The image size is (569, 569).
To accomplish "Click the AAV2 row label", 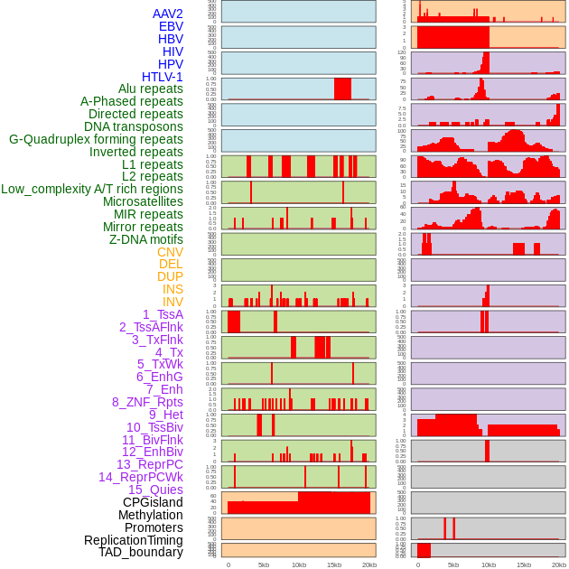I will coord(167,14).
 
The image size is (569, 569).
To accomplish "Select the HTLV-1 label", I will coord(162,77).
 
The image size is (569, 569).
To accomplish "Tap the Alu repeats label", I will coord(150,89).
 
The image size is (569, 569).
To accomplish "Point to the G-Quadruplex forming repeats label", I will coord(96,139).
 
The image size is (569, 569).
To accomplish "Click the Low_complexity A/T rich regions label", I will coord(92,189).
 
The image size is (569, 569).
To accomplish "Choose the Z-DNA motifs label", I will coord(146,239).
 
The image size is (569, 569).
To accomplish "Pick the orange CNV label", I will coord(170,252).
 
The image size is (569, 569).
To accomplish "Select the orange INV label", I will coord(173,302).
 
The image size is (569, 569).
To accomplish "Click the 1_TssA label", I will coord(163,314).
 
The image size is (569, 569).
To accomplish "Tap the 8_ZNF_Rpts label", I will coord(147,402).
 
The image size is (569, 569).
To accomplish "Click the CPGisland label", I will coord(153,502).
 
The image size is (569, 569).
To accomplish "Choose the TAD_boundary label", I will coord(140,552).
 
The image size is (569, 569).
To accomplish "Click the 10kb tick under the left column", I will coord(298,564).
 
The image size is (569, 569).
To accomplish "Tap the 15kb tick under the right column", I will coord(523,564).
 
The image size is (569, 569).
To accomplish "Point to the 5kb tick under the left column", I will coord(264,564).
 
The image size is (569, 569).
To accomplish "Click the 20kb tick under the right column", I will coord(558,564).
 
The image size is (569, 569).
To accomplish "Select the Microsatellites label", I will coord(143,201).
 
